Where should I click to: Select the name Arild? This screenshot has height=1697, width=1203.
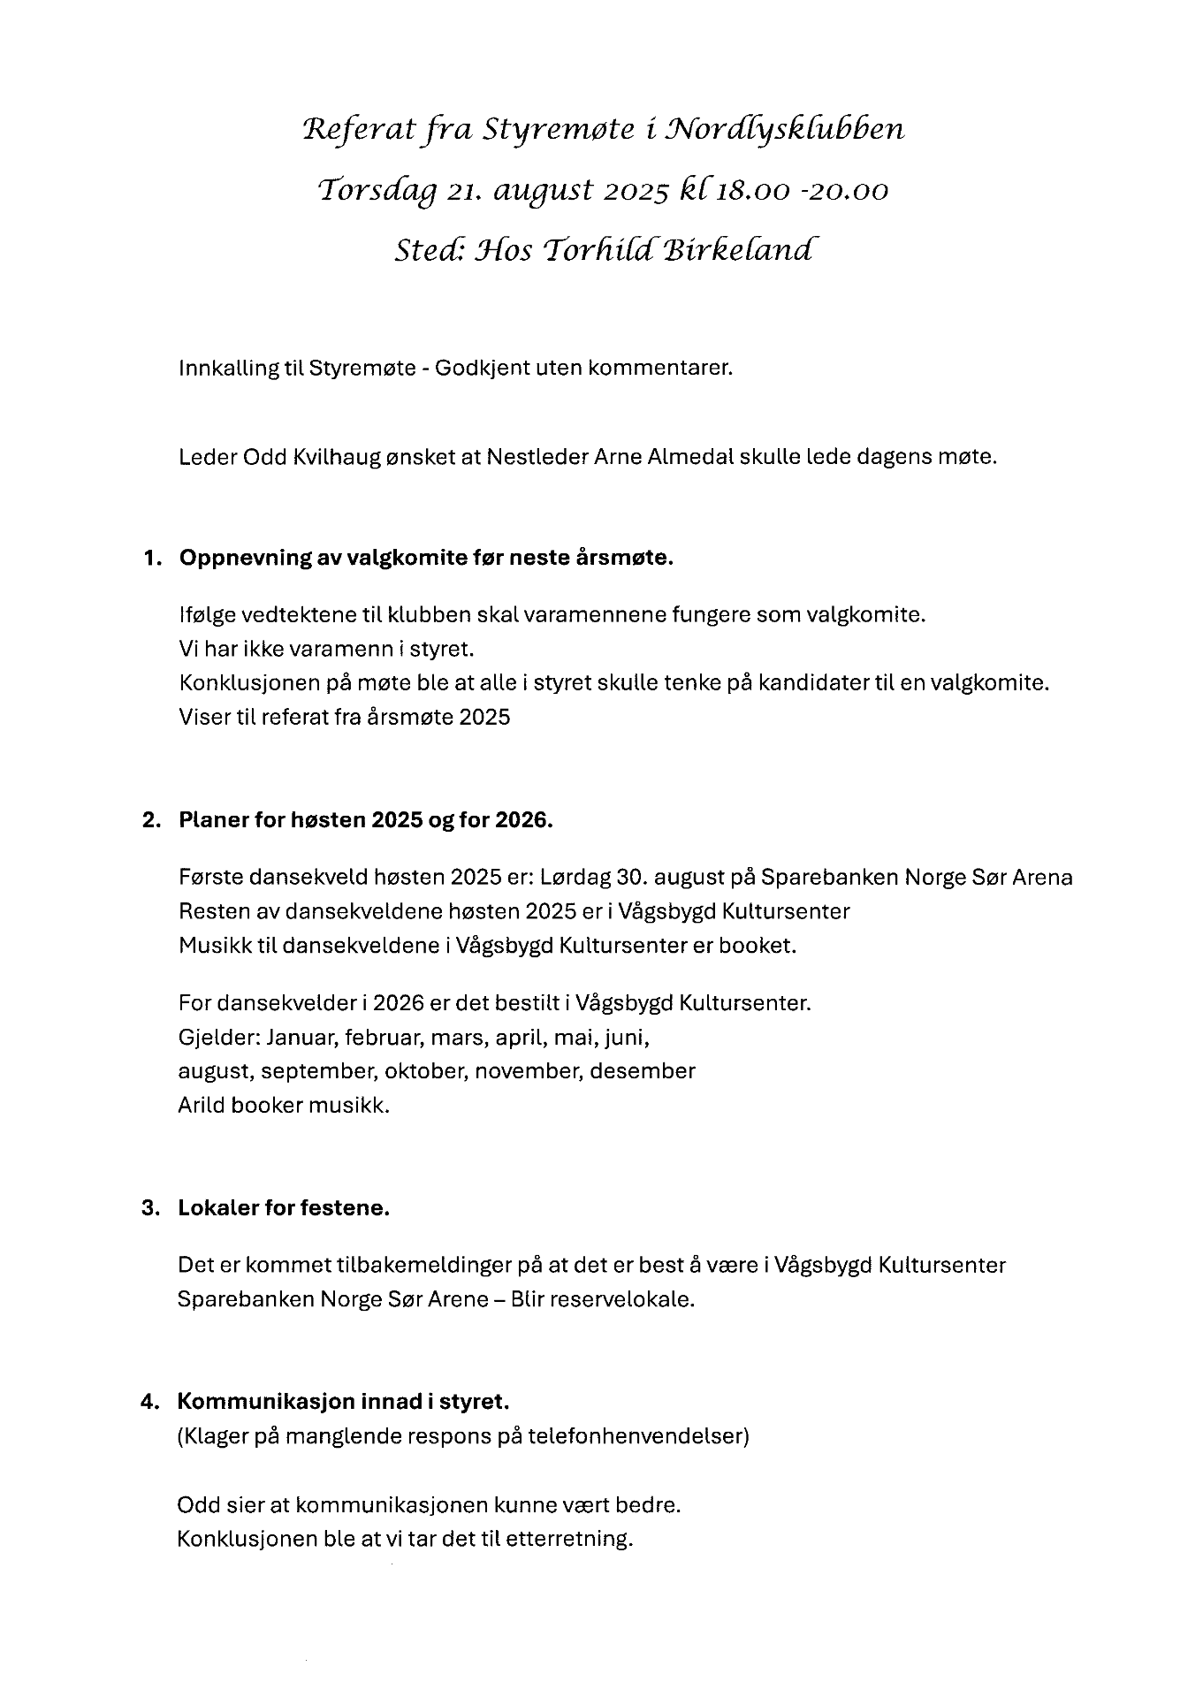(202, 1105)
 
